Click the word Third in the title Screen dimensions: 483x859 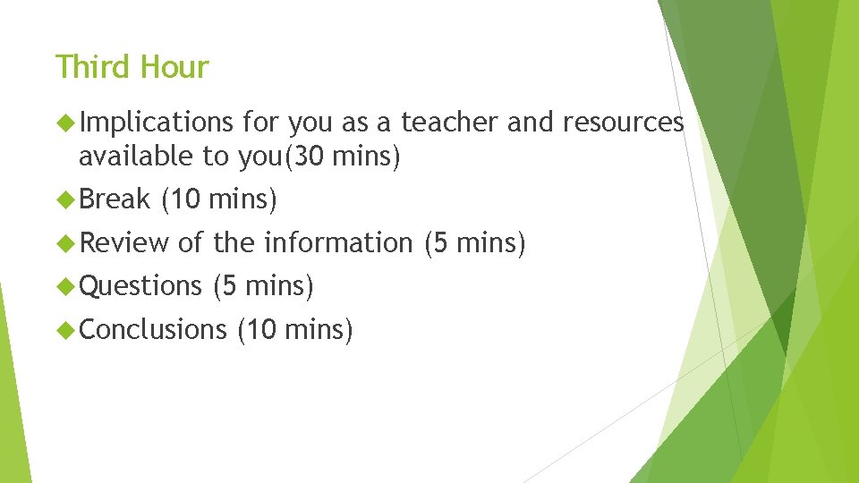(x=88, y=67)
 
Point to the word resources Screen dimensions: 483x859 (x=623, y=122)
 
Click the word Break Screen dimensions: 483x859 (x=115, y=199)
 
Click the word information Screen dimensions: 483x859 (x=337, y=242)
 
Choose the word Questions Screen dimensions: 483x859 (x=141, y=286)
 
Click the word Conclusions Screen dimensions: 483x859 (x=154, y=329)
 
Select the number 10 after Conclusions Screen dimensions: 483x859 (x=261, y=329)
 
